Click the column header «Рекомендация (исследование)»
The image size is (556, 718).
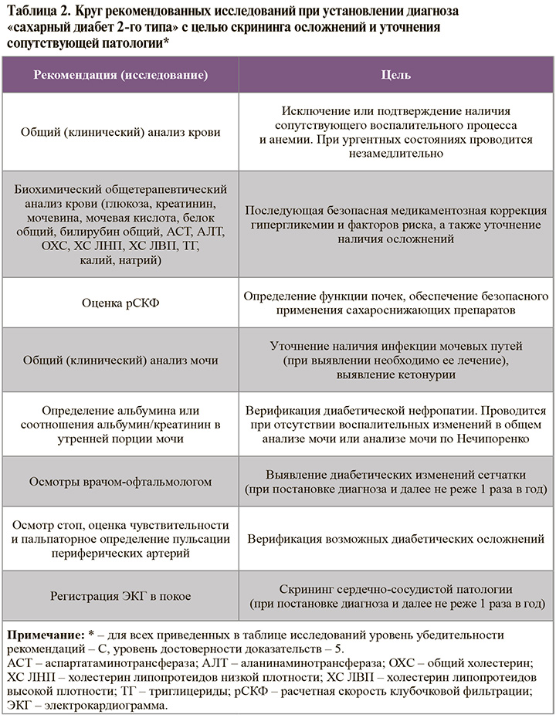pyautogui.click(x=120, y=76)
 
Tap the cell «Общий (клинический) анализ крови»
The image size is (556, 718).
pyautogui.click(x=120, y=132)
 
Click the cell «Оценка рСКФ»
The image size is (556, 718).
pyautogui.click(x=120, y=303)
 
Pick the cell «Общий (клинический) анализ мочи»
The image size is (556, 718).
pyautogui.click(x=120, y=361)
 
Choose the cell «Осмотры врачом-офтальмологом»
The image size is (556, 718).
pyautogui.click(x=120, y=481)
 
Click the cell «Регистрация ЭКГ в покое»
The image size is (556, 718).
pyautogui.click(x=120, y=595)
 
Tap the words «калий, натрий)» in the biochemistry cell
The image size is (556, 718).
pyautogui.click(x=120, y=261)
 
